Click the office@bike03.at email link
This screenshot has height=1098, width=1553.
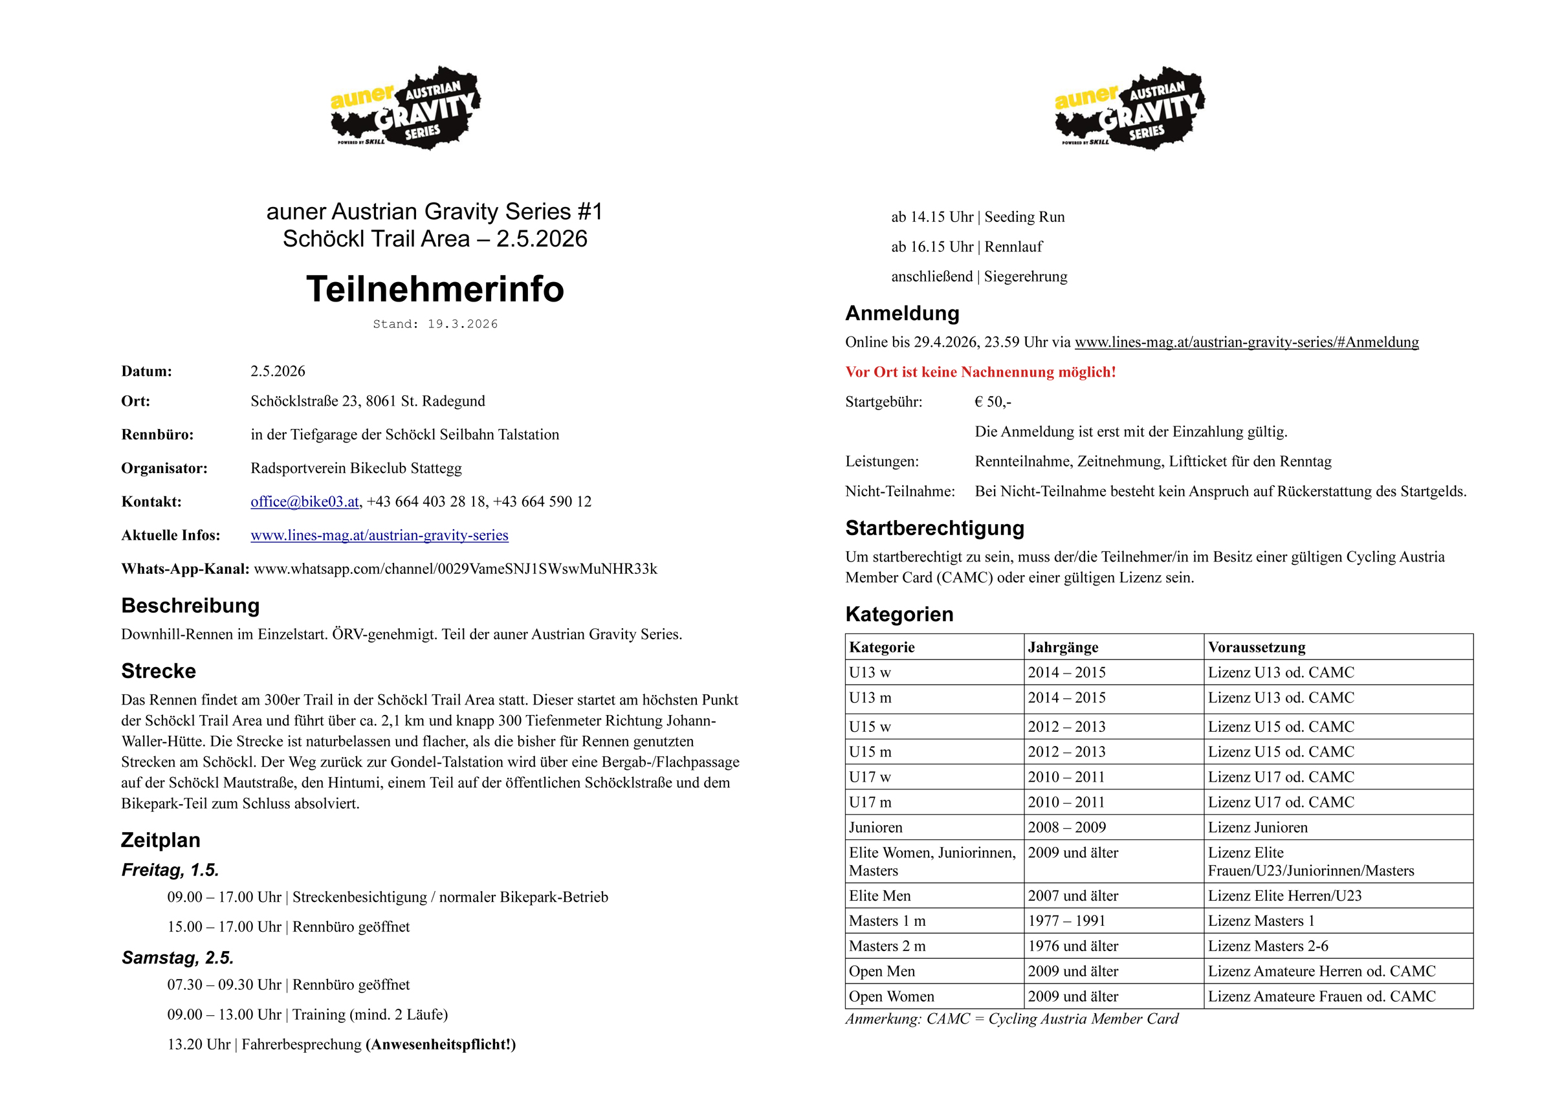coord(304,501)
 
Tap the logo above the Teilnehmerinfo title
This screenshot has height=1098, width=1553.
coord(406,107)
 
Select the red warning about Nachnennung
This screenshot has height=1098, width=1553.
coord(980,372)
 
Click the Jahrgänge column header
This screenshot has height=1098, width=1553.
coord(1063,648)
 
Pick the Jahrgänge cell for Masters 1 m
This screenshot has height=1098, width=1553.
coord(1066,921)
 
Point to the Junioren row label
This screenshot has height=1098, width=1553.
coord(876,828)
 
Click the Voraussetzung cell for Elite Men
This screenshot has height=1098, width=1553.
coord(1284,895)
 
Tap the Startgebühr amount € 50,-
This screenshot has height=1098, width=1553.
coord(992,402)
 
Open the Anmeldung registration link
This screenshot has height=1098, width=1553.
coord(1246,342)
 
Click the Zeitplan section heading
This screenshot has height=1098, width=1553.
coord(160,840)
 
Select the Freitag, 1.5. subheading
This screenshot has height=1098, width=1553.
coord(170,870)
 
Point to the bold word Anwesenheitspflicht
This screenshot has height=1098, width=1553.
coord(440,1044)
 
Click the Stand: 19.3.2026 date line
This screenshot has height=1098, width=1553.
coord(435,324)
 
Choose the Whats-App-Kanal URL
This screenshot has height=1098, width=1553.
coord(455,569)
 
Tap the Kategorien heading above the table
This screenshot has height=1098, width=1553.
coord(899,614)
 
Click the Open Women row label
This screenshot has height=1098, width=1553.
coord(892,996)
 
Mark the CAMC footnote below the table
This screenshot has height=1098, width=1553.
coord(1011,1019)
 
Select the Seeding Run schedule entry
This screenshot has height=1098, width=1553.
coord(977,217)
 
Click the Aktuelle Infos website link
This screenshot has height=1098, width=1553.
coord(379,535)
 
